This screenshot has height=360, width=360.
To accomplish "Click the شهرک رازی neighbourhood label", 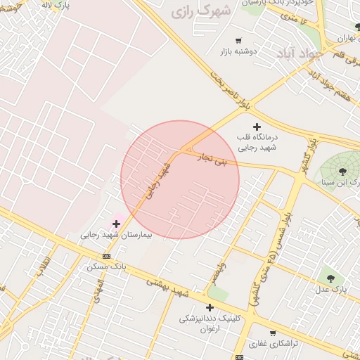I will point(200,12).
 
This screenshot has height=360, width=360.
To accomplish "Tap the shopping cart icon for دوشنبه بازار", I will point(238,41).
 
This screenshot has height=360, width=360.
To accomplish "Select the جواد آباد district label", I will point(300,52).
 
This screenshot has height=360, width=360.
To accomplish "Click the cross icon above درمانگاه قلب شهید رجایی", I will point(257,126).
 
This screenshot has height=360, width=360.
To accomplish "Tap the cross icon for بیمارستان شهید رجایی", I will point(116,224).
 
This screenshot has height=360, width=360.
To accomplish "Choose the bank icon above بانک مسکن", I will point(106,256).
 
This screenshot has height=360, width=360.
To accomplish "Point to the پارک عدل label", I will point(330,289).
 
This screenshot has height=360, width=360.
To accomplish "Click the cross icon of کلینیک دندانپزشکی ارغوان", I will point(210,307).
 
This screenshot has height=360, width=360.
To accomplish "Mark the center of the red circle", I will point(180,179).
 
